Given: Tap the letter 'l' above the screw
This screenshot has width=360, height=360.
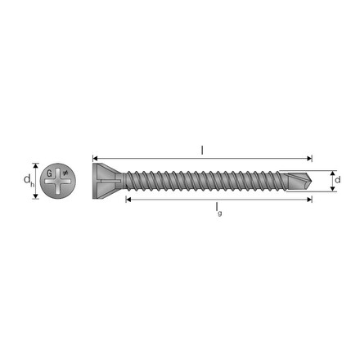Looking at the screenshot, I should click(202, 149).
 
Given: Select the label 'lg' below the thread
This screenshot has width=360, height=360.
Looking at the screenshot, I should click(218, 209).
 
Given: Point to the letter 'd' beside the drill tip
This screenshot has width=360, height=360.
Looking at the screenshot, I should click(338, 179).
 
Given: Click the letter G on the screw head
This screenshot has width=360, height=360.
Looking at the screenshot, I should click(49, 173).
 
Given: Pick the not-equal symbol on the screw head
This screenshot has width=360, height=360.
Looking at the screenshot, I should click(65, 173).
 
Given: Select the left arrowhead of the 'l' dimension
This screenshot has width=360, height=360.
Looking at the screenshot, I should click(95, 159).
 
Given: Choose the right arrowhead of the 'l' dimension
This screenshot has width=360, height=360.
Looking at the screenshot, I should click(309, 159).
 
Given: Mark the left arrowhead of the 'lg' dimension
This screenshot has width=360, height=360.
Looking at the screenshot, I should click(128, 199).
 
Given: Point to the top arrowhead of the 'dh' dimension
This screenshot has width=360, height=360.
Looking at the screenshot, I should click(36, 164).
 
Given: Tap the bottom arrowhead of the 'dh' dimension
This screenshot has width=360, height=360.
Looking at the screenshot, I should click(36, 198).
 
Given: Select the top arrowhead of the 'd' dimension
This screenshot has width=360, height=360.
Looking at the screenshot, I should click(331, 172).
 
